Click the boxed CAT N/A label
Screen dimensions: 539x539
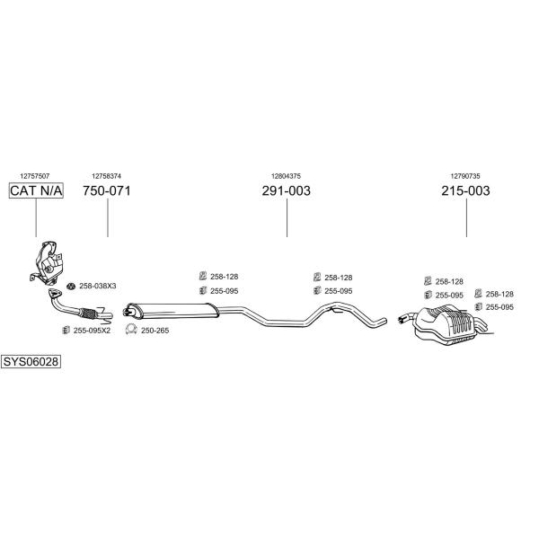click(36, 190)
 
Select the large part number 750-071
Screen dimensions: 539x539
click(107, 190)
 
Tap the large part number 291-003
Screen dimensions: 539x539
click(286, 190)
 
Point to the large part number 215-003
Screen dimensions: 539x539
click(465, 190)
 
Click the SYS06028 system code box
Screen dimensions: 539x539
click(31, 362)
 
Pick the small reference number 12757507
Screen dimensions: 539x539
click(35, 176)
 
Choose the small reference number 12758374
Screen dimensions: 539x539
click(107, 176)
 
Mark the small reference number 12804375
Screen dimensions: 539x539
click(286, 176)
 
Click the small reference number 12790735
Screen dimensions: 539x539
click(465, 176)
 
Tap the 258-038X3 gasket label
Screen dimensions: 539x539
click(98, 286)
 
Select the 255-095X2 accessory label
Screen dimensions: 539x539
click(92, 331)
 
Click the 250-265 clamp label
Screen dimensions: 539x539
click(155, 331)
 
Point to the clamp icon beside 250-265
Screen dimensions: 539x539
click(131, 330)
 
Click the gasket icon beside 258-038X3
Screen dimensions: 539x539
click(71, 286)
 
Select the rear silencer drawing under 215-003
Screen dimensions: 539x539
click(446, 325)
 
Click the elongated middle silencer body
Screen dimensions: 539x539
click(172, 311)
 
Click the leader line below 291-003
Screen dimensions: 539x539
click(287, 217)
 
